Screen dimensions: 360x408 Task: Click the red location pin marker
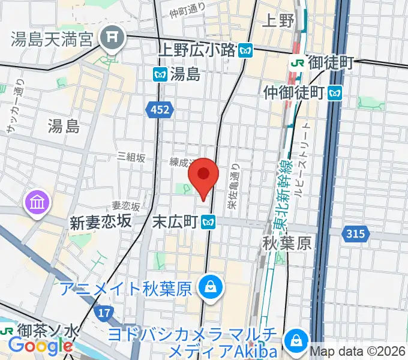pyautogui.click(x=203, y=176)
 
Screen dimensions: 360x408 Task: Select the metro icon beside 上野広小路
pyautogui.click(x=244, y=51)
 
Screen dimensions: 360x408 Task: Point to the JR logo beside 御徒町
pyautogui.click(x=296, y=62)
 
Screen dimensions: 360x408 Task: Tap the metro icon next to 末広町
pyautogui.click(x=209, y=222)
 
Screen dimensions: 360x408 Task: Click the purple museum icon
pyautogui.click(x=36, y=203)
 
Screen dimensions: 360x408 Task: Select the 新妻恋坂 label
pyautogui.click(x=101, y=221)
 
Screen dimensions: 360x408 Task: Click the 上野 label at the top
pyautogui.click(x=279, y=21)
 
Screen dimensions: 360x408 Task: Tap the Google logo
pyautogui.click(x=40, y=346)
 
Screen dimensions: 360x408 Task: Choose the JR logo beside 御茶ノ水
pyautogui.click(x=7, y=331)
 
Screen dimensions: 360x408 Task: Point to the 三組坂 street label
pyautogui.click(x=131, y=157)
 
